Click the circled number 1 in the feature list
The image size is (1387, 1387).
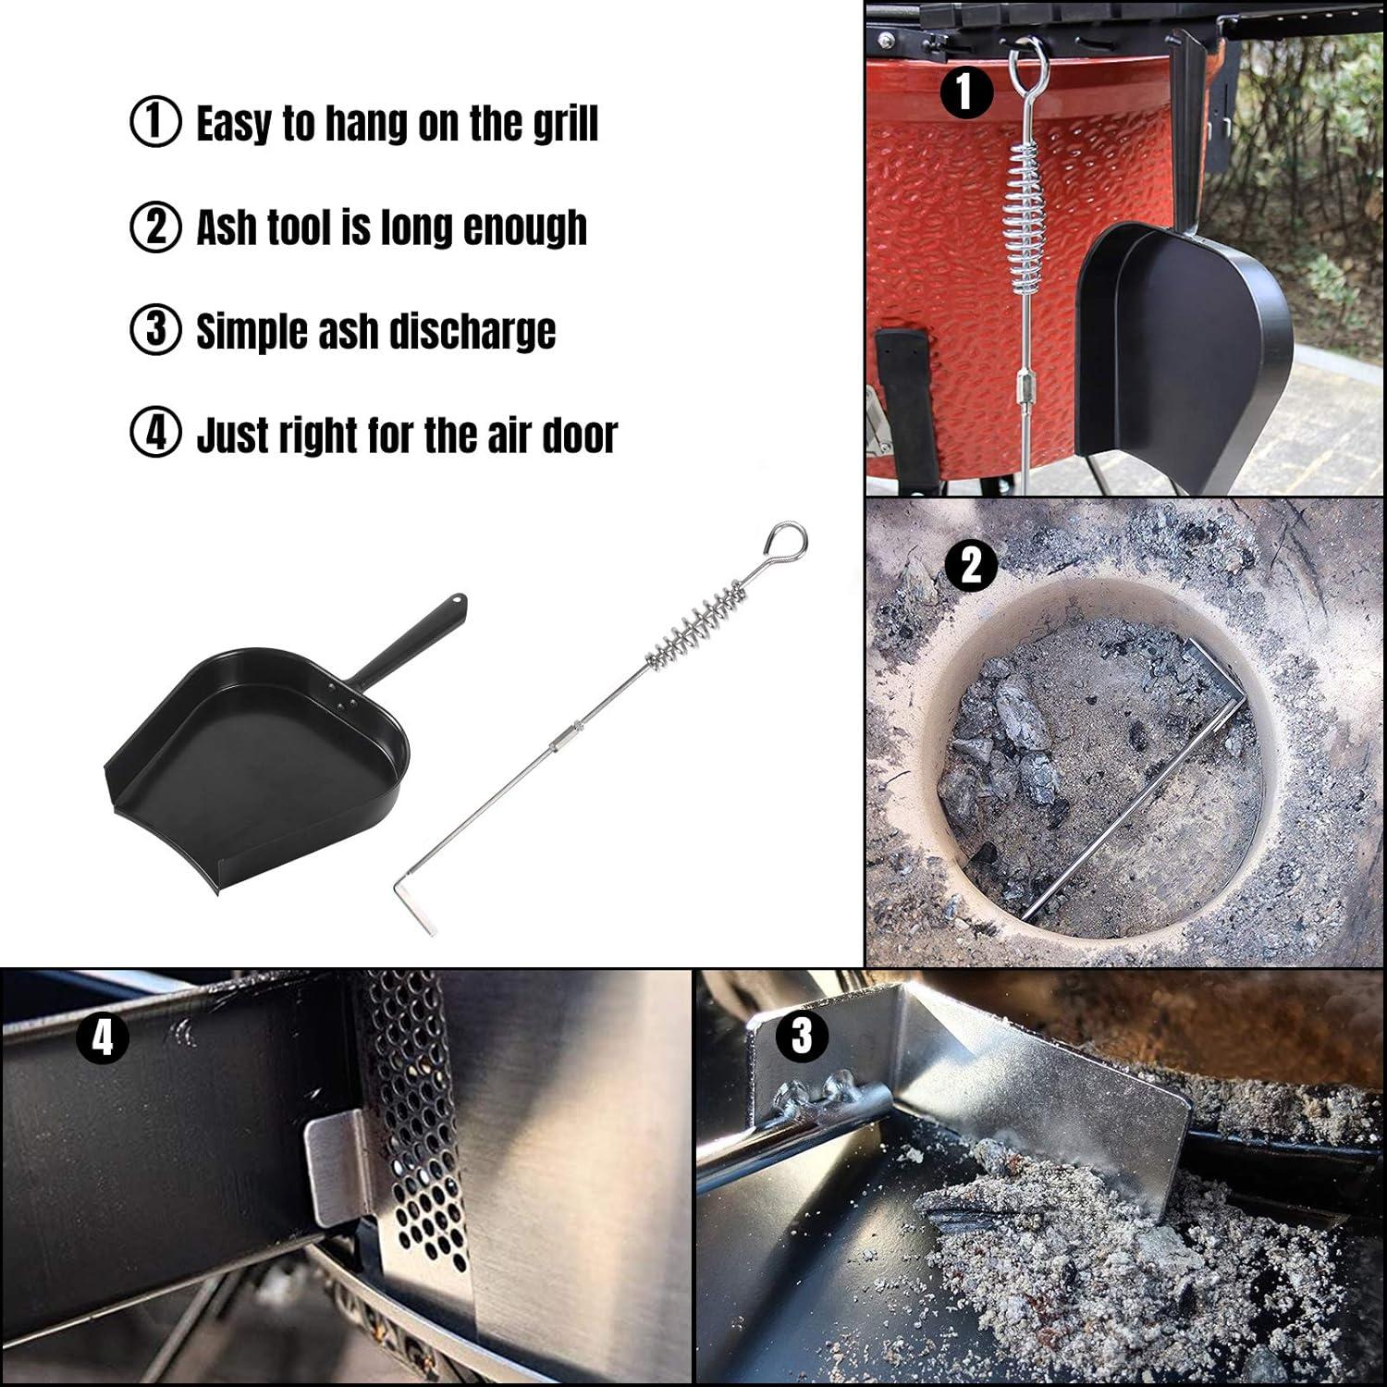click(155, 123)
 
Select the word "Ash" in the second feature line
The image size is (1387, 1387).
click(227, 227)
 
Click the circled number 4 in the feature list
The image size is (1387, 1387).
click(155, 435)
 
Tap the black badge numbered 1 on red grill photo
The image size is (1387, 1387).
click(965, 93)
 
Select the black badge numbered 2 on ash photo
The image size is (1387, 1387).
click(972, 564)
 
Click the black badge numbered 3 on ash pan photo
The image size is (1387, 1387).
click(802, 1036)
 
